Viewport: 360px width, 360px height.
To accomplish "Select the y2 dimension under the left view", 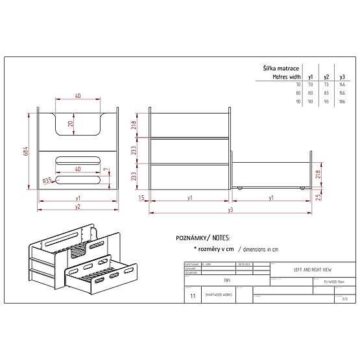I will click(x=77, y=207).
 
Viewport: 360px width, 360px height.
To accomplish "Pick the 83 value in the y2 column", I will click(x=326, y=94).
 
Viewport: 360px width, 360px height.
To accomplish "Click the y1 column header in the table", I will click(x=311, y=77).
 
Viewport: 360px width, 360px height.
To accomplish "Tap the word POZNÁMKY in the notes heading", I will click(x=191, y=238).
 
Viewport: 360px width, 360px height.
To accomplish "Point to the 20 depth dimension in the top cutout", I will click(x=71, y=123).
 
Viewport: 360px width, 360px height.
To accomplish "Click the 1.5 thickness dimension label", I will click(x=141, y=197).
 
